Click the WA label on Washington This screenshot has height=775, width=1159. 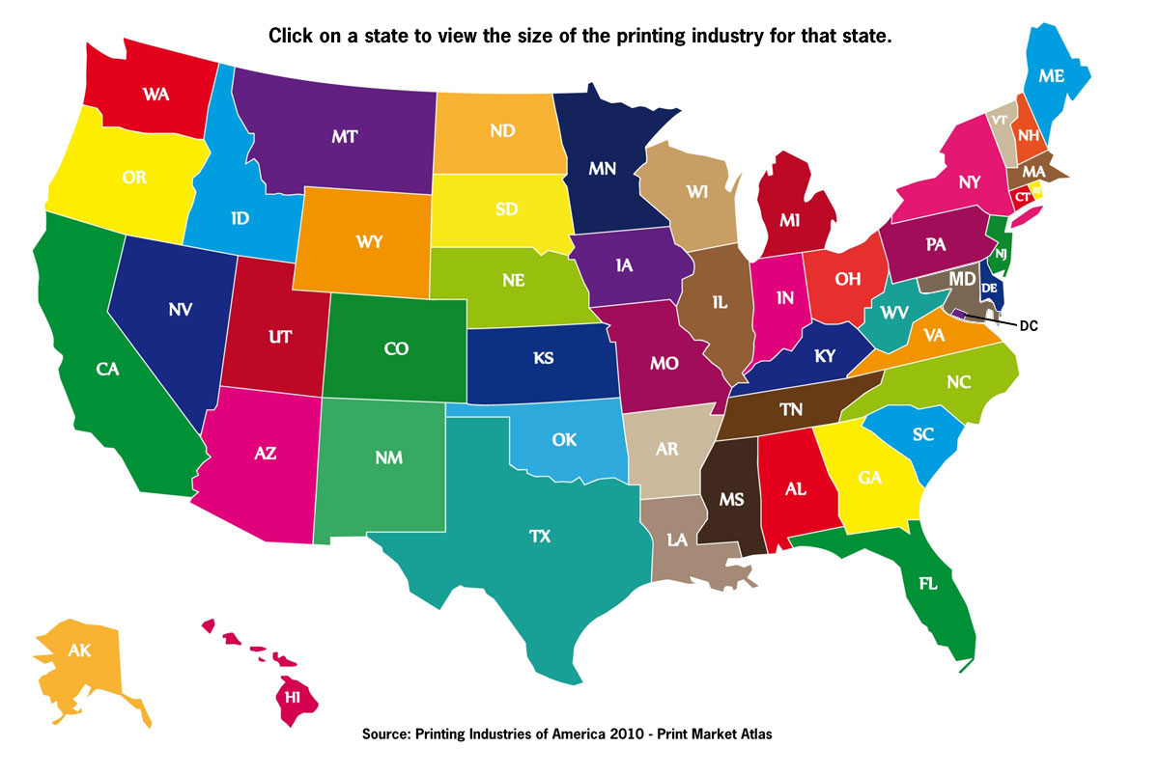click(x=156, y=94)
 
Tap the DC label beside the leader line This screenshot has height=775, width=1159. click(x=1028, y=326)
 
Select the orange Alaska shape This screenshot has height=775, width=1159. click(x=82, y=666)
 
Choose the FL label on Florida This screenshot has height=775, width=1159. click(x=928, y=585)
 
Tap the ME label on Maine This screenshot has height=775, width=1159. click(x=1052, y=75)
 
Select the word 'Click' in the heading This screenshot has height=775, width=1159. click(x=290, y=36)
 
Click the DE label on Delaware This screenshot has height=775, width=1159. click(x=989, y=288)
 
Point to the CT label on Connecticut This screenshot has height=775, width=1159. click(x=1021, y=197)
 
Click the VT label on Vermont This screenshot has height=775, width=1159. click(x=999, y=120)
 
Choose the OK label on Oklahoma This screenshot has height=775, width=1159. click(x=564, y=440)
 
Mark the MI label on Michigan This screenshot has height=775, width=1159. click(x=790, y=221)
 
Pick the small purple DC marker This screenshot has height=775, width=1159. click(x=957, y=314)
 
